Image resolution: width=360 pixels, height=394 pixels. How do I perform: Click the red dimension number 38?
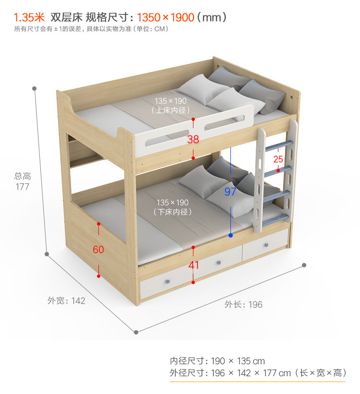click(x=193, y=139)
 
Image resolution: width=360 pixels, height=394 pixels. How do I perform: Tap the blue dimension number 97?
click(x=230, y=191)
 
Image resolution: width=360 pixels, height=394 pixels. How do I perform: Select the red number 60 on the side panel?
click(x=98, y=250)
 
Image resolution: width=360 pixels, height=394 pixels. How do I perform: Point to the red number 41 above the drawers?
click(x=193, y=265)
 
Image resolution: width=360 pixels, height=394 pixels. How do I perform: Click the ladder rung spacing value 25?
click(x=278, y=159)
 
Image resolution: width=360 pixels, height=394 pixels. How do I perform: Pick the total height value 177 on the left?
click(x=22, y=186)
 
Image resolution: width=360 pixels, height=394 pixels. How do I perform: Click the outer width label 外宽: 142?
click(x=66, y=301)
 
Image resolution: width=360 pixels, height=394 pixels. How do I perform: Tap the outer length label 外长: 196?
click(x=243, y=304)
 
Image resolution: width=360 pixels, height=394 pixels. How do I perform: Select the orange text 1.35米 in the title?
click(x=29, y=18)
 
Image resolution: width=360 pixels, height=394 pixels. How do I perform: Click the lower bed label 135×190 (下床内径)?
click(x=172, y=207)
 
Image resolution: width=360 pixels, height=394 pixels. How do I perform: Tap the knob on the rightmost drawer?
click(x=266, y=245)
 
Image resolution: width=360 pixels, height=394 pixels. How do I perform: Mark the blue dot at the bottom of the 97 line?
click(x=231, y=235)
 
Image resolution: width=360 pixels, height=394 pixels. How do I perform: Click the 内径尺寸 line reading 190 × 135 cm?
click(x=217, y=361)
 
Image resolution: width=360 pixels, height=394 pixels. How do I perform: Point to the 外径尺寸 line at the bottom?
click(x=257, y=373)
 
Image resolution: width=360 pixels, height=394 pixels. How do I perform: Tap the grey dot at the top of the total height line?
click(x=35, y=89)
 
